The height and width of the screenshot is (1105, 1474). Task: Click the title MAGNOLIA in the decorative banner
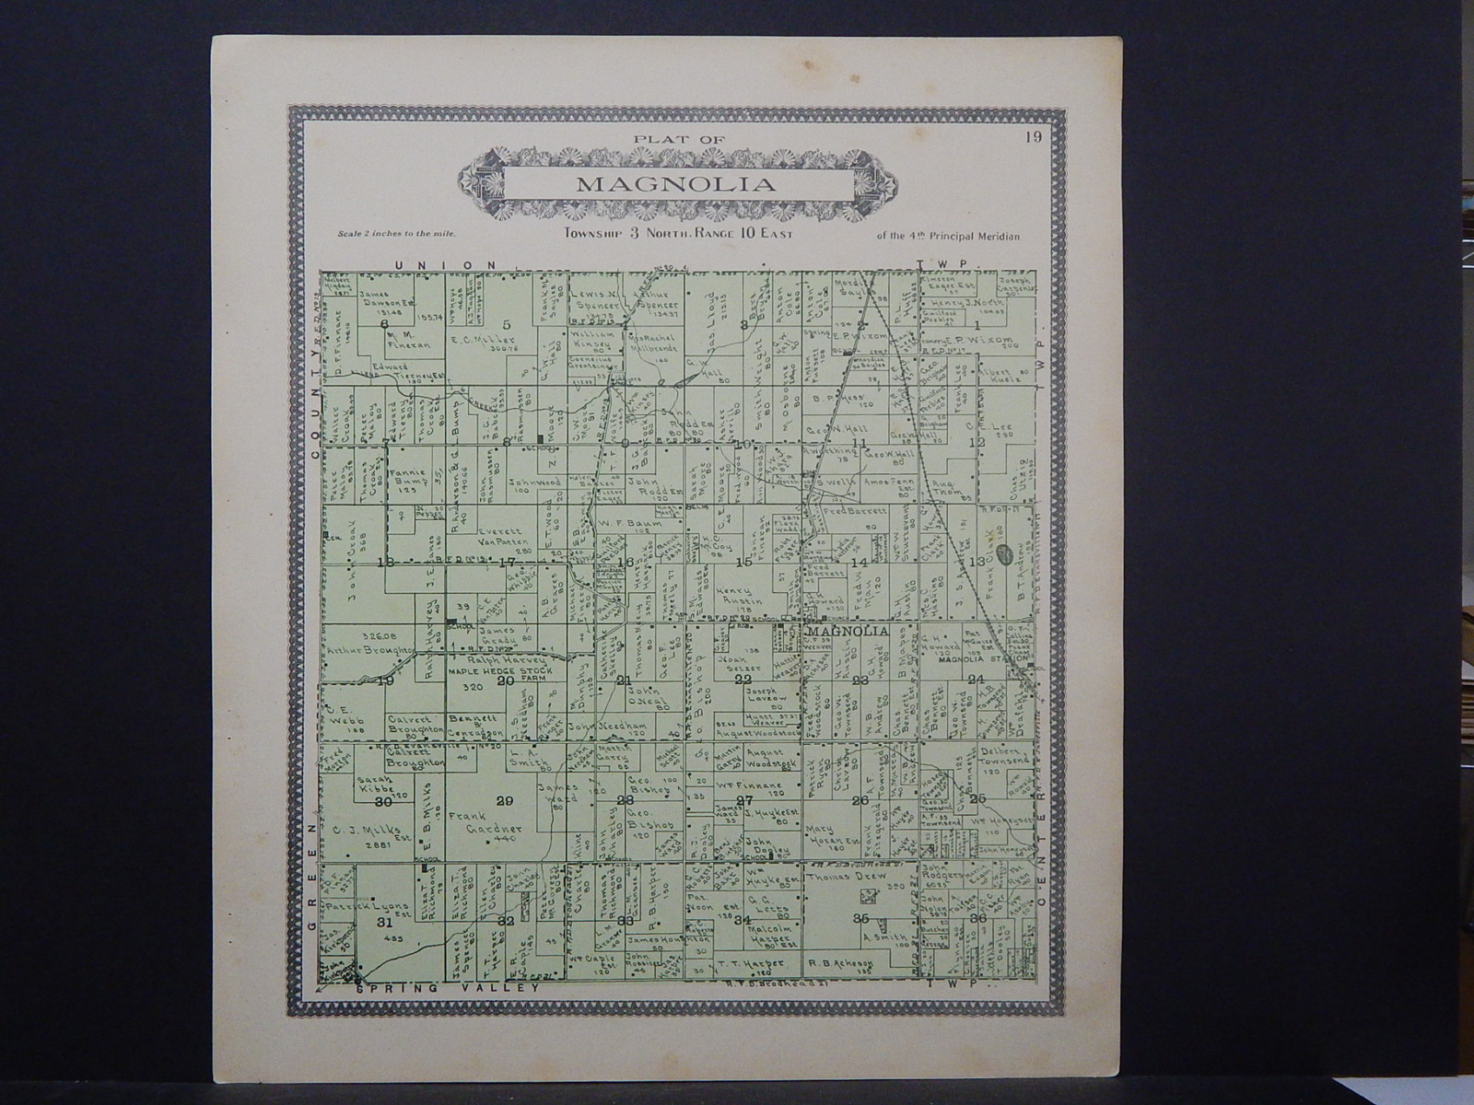click(x=675, y=184)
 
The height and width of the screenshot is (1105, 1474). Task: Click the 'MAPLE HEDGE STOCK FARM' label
click(x=498, y=671)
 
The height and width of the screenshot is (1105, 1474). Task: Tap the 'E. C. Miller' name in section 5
click(x=475, y=340)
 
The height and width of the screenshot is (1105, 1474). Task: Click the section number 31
click(x=384, y=921)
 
